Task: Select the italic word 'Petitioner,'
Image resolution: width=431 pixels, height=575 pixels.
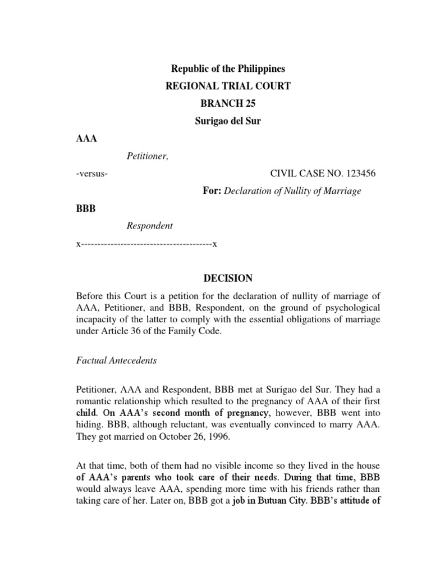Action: click(x=147, y=156)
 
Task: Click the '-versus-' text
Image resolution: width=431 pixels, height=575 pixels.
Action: click(x=92, y=174)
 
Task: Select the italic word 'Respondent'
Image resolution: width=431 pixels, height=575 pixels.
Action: click(x=149, y=226)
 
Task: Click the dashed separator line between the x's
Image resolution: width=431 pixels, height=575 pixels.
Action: click(x=146, y=244)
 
